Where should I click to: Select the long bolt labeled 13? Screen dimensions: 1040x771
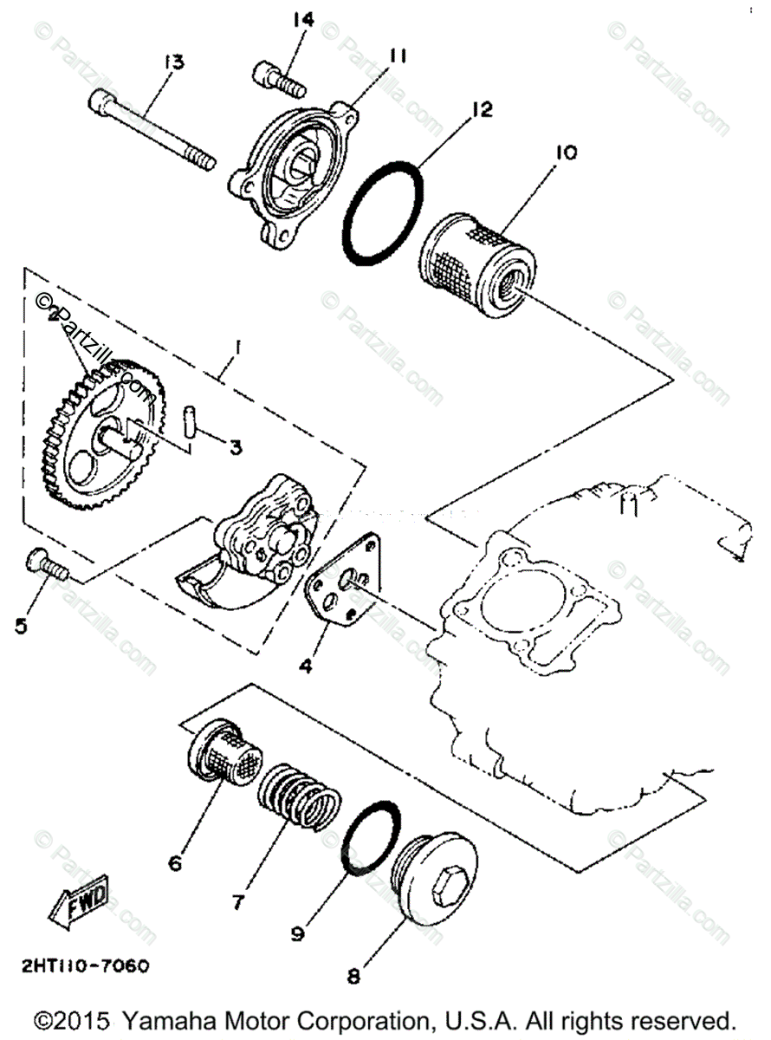click(x=152, y=131)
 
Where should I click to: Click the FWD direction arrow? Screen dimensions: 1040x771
click(x=77, y=900)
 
